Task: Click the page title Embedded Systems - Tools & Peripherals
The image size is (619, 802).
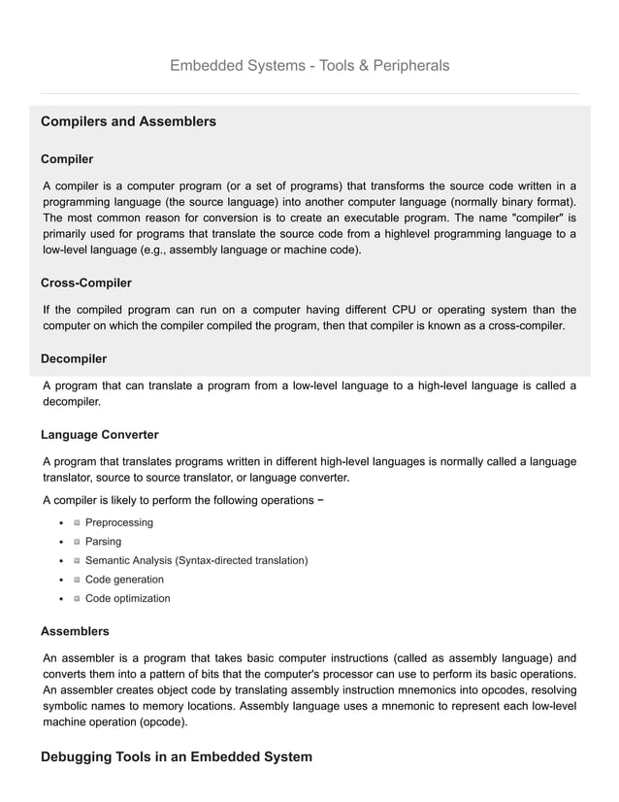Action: (309, 66)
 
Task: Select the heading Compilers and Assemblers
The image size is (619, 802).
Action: (128, 122)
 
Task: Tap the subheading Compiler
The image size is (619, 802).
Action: (67, 158)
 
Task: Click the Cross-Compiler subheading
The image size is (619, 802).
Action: (86, 283)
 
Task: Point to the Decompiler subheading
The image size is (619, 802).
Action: (74, 359)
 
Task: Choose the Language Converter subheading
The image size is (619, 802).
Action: (100, 434)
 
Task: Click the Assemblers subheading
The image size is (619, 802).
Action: (75, 631)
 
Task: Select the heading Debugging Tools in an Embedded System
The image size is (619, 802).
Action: (177, 756)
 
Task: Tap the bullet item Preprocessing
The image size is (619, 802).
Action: (118, 522)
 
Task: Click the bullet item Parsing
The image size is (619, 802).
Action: (104, 542)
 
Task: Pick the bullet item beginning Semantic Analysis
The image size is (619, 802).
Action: (196, 560)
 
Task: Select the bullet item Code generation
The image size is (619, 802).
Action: (124, 580)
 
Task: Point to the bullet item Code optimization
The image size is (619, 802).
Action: (127, 598)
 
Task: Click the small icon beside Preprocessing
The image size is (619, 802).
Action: (77, 522)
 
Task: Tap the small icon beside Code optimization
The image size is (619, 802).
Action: (77, 598)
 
